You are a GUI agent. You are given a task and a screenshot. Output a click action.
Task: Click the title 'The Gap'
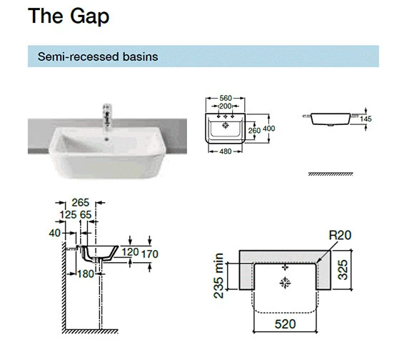[x=69, y=16]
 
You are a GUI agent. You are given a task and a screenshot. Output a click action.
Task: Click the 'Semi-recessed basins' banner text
[x=98, y=56]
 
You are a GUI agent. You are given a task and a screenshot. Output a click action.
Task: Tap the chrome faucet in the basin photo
[x=107, y=116]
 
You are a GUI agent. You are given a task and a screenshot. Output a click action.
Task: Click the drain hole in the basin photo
[x=106, y=139]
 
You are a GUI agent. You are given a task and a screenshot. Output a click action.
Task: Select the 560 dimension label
[x=226, y=98]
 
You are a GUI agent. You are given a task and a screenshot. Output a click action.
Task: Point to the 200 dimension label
[x=226, y=106]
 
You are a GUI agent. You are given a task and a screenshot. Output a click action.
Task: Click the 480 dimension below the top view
[x=226, y=151]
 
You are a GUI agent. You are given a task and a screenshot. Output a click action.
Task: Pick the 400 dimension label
[x=269, y=129]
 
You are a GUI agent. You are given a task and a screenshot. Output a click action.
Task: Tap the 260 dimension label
[x=254, y=131]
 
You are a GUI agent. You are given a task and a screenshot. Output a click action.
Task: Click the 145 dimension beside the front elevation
[x=366, y=119]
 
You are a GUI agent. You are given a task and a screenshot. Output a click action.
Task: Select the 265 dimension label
[x=81, y=203]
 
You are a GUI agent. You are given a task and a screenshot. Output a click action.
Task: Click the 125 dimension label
[x=68, y=215]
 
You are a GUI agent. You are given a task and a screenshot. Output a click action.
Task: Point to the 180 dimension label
[x=86, y=274]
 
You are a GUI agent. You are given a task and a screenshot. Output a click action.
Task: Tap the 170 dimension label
[x=149, y=254]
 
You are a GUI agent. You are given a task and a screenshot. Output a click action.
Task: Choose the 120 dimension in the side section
[x=130, y=252]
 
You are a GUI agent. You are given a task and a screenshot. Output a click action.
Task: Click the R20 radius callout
[x=340, y=235]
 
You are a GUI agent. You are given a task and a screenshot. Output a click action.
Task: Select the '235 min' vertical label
[x=218, y=276]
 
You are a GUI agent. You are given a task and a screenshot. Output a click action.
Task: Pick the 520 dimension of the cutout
[x=286, y=324]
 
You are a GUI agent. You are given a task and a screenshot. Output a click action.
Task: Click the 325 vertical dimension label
[x=343, y=270]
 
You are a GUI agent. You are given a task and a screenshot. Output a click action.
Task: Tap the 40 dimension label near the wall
[x=54, y=233]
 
